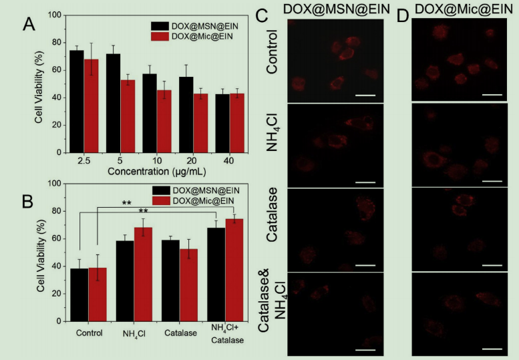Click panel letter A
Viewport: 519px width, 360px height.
(28, 25)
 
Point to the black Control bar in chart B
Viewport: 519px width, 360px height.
(79, 295)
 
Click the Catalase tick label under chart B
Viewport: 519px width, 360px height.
(182, 332)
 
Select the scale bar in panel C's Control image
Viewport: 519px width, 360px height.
(364, 95)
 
